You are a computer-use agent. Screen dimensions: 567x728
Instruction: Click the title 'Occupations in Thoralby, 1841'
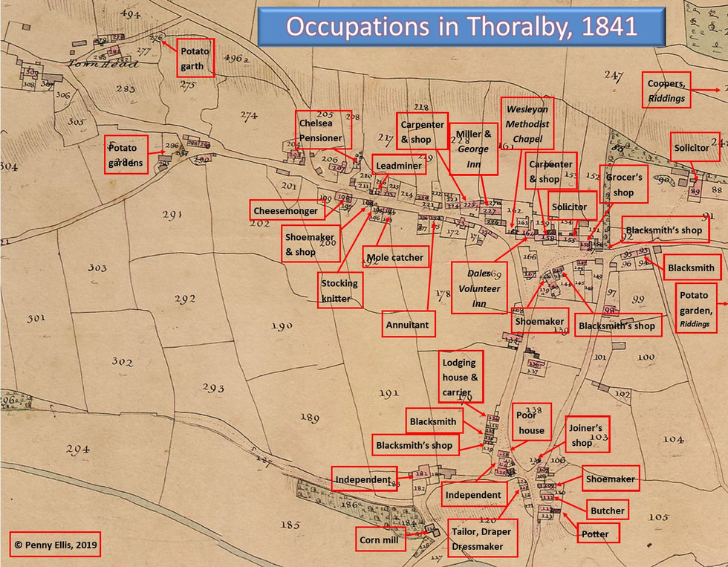click(461, 27)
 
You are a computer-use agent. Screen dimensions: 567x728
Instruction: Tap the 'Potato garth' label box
click(195, 58)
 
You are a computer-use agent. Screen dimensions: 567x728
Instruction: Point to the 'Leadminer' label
click(399, 166)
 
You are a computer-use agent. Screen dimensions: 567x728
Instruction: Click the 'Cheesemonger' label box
click(285, 211)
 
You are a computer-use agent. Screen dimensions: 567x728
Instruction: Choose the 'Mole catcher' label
click(395, 258)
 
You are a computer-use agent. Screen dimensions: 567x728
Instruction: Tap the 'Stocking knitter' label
click(339, 291)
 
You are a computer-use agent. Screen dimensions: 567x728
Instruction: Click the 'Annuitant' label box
click(408, 325)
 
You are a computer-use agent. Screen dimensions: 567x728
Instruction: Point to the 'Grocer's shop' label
click(623, 185)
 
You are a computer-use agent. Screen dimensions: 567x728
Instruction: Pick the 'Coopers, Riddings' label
click(666, 91)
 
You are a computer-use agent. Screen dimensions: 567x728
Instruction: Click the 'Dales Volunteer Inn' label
click(479, 288)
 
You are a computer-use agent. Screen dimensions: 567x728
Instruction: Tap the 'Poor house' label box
click(531, 423)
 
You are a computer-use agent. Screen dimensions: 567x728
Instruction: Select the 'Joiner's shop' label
click(588, 435)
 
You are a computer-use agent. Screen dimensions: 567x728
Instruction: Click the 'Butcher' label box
click(607, 511)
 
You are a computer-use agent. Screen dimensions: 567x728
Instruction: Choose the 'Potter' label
click(595, 534)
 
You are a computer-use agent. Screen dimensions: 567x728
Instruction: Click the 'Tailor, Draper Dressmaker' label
click(481, 539)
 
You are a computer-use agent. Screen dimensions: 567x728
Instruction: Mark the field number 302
click(122, 361)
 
